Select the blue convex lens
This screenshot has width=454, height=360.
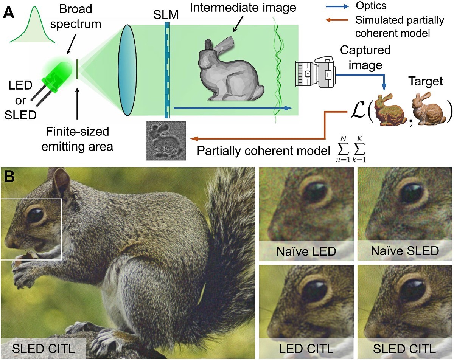(x=127, y=70)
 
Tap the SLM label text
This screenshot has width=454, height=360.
(x=166, y=15)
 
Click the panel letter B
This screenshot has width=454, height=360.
(x=9, y=176)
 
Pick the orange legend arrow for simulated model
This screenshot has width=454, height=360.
(x=337, y=20)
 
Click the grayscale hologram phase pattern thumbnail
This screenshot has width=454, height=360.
(x=166, y=141)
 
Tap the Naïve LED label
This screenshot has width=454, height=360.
(x=306, y=251)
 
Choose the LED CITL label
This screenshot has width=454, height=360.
(x=306, y=349)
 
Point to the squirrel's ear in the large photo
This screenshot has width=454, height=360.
(x=61, y=182)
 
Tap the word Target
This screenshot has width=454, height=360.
(x=426, y=81)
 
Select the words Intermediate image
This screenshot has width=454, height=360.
(x=243, y=8)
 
